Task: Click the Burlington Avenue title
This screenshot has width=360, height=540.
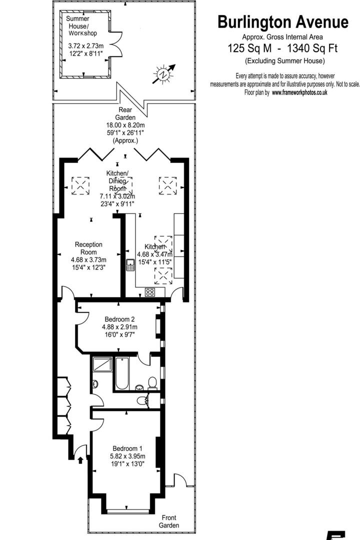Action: (x=283, y=22)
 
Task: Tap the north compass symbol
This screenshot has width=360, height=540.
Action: (x=164, y=74)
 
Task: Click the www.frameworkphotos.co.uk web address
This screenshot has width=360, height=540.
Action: (x=299, y=92)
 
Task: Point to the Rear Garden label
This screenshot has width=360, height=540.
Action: (x=125, y=113)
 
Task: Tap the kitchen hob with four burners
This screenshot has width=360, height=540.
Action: (x=150, y=292)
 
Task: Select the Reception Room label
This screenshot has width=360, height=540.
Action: (x=88, y=248)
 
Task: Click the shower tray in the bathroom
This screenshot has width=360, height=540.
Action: (x=102, y=365)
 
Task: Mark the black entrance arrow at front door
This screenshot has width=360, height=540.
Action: (x=80, y=459)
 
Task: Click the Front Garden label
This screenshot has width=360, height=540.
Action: (x=168, y=521)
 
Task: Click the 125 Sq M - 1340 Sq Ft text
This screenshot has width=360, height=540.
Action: (x=282, y=48)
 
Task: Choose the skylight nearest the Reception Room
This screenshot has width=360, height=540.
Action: (x=80, y=185)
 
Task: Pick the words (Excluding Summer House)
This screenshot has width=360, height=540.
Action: (x=284, y=61)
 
